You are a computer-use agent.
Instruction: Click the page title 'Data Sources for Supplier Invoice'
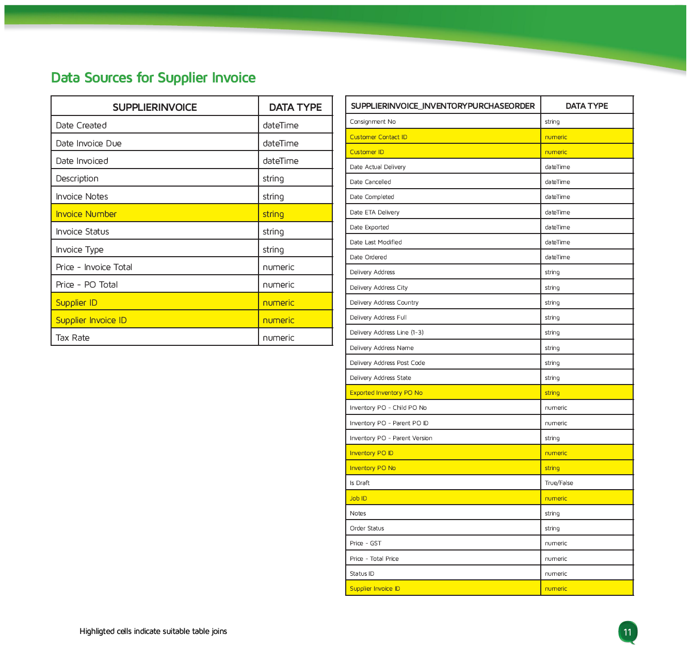(153, 78)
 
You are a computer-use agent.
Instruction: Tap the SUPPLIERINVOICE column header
(155, 107)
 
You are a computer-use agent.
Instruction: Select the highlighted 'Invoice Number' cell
(86, 214)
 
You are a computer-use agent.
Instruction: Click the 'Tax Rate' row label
(73, 338)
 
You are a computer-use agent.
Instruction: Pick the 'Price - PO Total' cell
(87, 285)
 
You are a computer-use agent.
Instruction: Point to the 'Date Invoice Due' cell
(89, 143)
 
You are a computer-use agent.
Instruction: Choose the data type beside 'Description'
(273, 178)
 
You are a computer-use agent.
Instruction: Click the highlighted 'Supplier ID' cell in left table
(76, 303)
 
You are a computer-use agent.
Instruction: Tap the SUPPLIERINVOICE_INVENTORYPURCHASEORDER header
(443, 106)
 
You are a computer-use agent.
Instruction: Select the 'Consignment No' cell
(373, 122)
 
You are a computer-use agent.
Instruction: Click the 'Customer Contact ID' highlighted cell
(378, 137)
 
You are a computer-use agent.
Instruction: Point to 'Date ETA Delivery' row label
(374, 212)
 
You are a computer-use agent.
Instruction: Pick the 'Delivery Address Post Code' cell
(387, 363)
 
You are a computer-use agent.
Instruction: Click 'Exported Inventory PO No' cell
(386, 393)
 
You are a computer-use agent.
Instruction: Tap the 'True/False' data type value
(559, 483)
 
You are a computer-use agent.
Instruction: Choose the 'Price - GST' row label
(365, 543)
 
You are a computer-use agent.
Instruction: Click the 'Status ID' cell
(362, 574)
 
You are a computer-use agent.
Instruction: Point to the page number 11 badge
(627, 632)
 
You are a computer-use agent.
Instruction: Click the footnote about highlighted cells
(153, 631)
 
